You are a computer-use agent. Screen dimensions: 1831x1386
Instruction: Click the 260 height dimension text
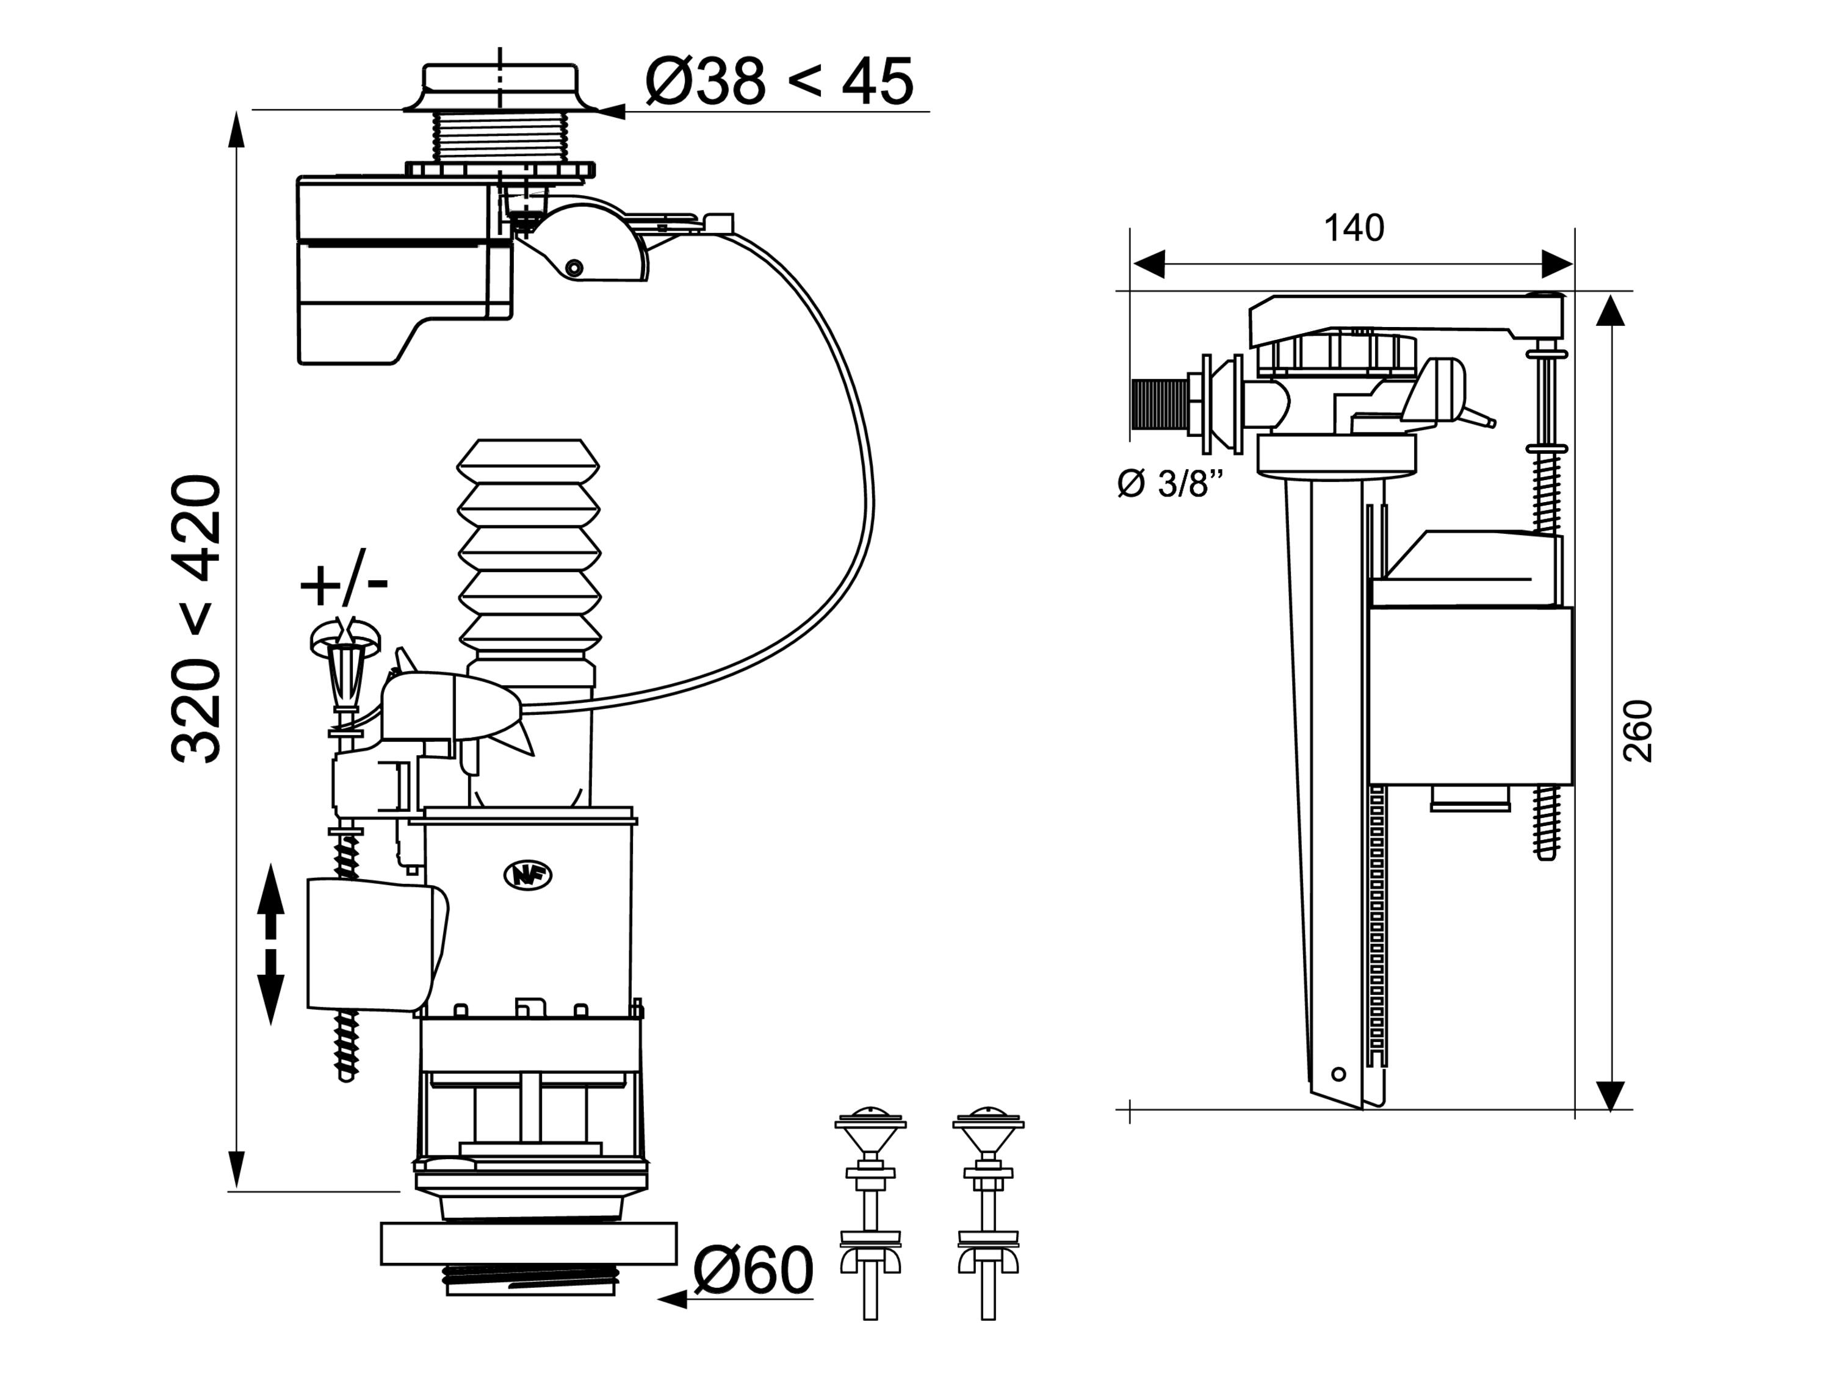pyautogui.click(x=1638, y=731)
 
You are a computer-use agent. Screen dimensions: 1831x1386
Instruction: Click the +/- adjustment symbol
pyautogui.click(x=344, y=586)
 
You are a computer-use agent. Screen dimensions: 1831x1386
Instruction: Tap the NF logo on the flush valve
pyautogui.click(x=527, y=876)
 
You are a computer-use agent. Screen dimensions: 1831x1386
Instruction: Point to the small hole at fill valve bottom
pyautogui.click(x=1338, y=1075)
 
